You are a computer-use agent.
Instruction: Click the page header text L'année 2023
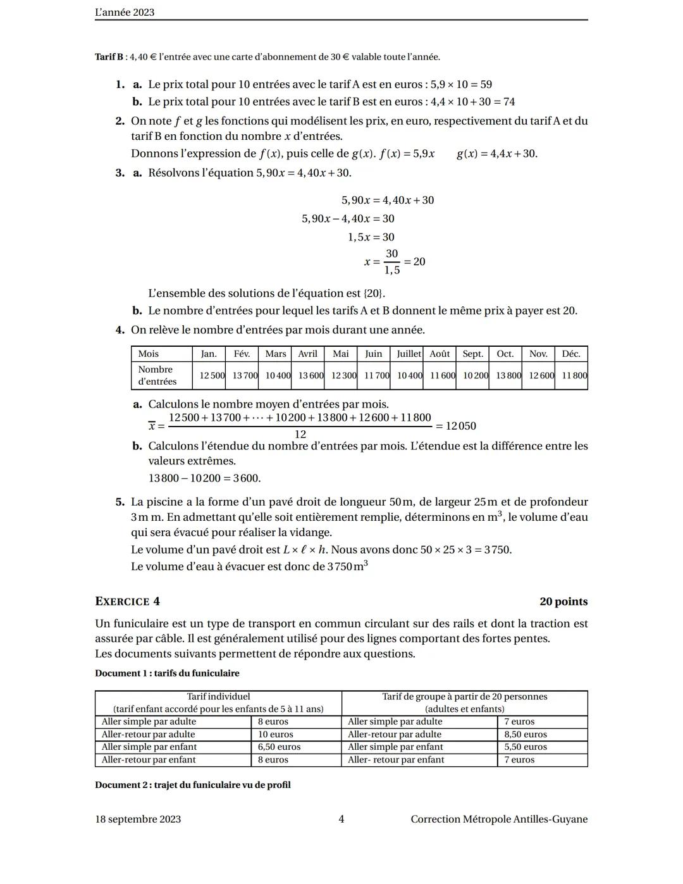click(x=125, y=12)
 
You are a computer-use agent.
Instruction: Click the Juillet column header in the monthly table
click(x=409, y=354)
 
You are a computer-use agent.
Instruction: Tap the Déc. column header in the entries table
click(x=570, y=354)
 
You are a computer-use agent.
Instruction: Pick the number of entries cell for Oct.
click(x=508, y=375)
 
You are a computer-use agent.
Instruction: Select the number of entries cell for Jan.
click(x=212, y=375)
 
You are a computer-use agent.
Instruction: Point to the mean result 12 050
click(x=460, y=426)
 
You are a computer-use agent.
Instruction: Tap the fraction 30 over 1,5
click(x=392, y=261)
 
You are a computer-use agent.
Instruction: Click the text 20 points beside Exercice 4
click(x=563, y=601)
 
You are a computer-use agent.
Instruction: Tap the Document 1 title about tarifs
click(x=167, y=673)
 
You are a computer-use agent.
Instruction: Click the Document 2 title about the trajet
click(x=192, y=785)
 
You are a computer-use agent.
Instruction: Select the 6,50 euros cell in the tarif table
click(x=279, y=747)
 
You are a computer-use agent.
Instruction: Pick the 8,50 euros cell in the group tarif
click(x=525, y=734)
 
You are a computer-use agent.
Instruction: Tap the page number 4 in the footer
click(x=341, y=819)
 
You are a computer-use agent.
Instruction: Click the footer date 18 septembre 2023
click(x=138, y=819)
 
